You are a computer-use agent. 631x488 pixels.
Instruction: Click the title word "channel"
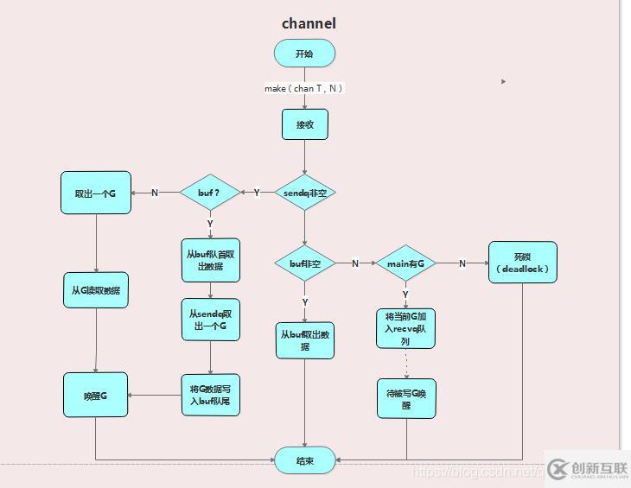click(x=309, y=23)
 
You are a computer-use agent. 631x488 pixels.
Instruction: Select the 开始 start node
click(x=304, y=54)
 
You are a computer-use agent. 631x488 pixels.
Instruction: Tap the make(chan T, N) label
click(x=304, y=88)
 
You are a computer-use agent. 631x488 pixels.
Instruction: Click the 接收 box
click(x=305, y=124)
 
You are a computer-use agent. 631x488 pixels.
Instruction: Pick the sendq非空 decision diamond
click(x=304, y=193)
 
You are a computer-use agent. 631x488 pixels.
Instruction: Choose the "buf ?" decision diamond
click(x=210, y=193)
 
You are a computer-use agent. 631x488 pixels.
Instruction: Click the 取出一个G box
click(x=95, y=193)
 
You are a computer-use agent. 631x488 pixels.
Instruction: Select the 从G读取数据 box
click(x=96, y=291)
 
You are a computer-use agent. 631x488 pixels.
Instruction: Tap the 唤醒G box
click(x=95, y=396)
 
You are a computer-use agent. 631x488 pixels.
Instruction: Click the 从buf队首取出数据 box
click(x=210, y=260)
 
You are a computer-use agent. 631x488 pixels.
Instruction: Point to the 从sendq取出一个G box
click(x=210, y=320)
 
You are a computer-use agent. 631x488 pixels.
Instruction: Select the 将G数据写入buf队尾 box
click(x=210, y=396)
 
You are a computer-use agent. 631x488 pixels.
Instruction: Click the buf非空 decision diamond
click(x=304, y=263)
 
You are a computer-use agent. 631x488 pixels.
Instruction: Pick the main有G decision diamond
click(x=405, y=263)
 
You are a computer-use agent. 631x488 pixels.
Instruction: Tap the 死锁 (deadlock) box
click(x=523, y=263)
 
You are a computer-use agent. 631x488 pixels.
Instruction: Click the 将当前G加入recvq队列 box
click(x=405, y=328)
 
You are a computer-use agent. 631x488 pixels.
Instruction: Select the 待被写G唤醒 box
click(x=406, y=398)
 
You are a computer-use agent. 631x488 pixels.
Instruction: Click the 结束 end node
click(x=304, y=460)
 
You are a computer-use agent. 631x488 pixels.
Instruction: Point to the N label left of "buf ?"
click(x=155, y=193)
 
